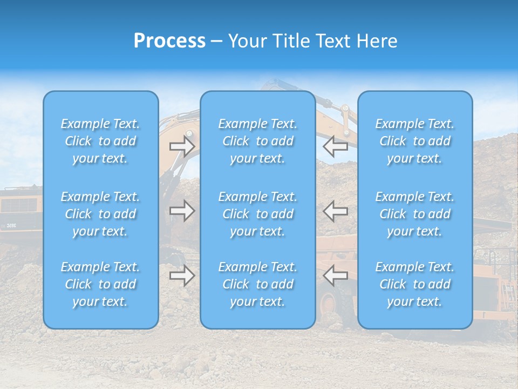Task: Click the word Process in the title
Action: click(169, 41)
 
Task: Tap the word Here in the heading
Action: click(377, 41)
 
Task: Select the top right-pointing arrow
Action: click(182, 146)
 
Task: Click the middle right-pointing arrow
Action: click(182, 211)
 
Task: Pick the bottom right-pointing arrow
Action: click(182, 276)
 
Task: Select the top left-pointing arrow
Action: click(336, 146)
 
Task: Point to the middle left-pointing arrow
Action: click(336, 211)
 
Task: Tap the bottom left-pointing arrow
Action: click(336, 276)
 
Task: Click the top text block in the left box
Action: click(100, 141)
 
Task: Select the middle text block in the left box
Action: click(100, 214)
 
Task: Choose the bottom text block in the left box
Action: click(100, 284)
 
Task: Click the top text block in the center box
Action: click(258, 141)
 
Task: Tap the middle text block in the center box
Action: click(258, 214)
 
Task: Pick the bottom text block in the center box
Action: click(258, 284)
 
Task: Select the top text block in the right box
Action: click(415, 141)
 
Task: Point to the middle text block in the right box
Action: click(415, 214)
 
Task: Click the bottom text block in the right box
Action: click(415, 284)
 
